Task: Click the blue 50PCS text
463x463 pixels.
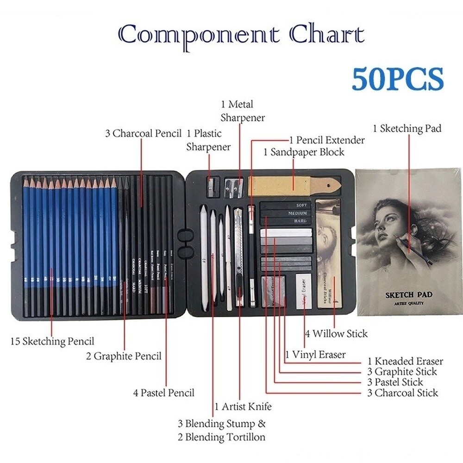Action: [397, 79]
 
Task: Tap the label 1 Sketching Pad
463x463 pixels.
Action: [407, 129]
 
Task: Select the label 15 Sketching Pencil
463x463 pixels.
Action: [52, 342]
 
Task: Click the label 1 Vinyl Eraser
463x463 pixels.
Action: [315, 355]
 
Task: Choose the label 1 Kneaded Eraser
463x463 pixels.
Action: [405, 361]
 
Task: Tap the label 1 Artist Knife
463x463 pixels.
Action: [243, 407]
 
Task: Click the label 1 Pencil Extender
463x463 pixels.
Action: [327, 140]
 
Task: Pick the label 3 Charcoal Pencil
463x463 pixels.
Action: [143, 134]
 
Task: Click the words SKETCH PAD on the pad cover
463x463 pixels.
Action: [409, 294]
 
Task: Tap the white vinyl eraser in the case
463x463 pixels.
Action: [305, 290]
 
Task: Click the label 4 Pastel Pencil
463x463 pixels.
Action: [164, 393]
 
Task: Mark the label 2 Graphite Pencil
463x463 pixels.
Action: [124, 356]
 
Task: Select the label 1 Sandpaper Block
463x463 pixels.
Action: [304, 152]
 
